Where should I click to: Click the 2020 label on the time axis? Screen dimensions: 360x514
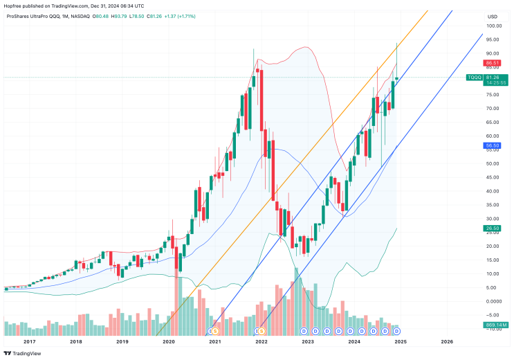pyautogui.click(x=168, y=341)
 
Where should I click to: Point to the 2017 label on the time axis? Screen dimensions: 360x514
pyautogui.click(x=29, y=341)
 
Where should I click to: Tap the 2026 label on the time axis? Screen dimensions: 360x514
pyautogui.click(x=447, y=341)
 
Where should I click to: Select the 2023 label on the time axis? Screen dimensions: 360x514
pyautogui.click(x=308, y=341)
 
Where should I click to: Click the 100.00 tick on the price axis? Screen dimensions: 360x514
pyautogui.click(x=493, y=26)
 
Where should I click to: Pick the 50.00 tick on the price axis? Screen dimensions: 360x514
pyautogui.click(x=493, y=164)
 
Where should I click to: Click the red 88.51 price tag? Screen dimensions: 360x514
pyautogui.click(x=493, y=62)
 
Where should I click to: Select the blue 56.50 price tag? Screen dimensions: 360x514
pyautogui.click(x=493, y=146)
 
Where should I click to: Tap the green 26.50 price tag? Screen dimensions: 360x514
pyautogui.click(x=493, y=228)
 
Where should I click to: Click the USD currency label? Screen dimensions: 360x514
pyautogui.click(x=493, y=17)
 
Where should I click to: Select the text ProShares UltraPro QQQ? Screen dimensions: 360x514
pyautogui.click(x=33, y=17)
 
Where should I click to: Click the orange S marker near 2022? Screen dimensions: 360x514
pyautogui.click(x=262, y=332)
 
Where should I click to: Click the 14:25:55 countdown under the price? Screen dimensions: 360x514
pyautogui.click(x=496, y=82)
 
